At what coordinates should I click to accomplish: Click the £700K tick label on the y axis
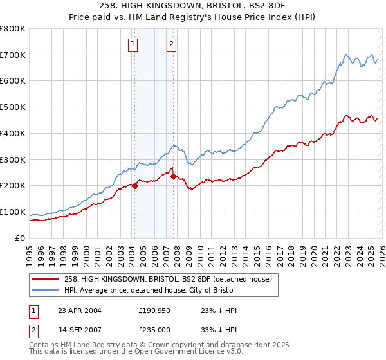pos(13,55)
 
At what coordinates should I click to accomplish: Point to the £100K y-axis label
pos(13,212)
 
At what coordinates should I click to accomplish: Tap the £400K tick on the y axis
pos(13,133)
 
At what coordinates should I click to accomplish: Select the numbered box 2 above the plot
pos(172,44)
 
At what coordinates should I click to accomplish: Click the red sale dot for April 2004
pos(134,186)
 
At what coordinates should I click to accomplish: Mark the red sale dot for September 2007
pos(173,176)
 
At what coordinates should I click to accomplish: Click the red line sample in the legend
pos(46,279)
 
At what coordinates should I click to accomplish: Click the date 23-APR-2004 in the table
pos(80,310)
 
